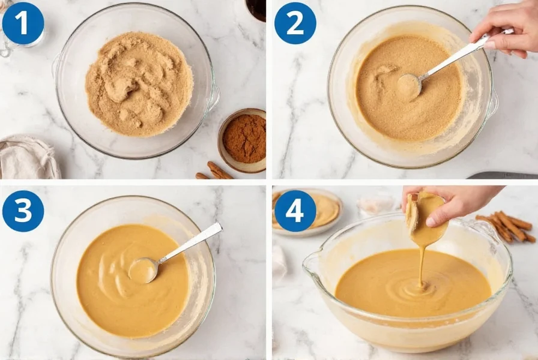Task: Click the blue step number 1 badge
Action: (x=23, y=23)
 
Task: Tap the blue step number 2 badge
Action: (x=295, y=23)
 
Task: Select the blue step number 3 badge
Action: (x=23, y=211)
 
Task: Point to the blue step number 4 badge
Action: (x=295, y=211)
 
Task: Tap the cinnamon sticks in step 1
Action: (x=216, y=171)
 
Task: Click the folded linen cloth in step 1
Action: (x=27, y=157)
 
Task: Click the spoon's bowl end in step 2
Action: (x=409, y=86)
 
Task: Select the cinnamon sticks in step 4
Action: (x=504, y=226)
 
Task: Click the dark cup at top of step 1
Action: (x=256, y=9)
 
